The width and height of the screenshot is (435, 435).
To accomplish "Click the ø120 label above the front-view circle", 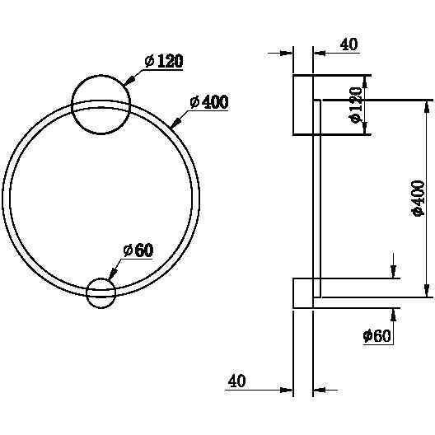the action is (164, 61).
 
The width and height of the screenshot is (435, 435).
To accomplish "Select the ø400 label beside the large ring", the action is (209, 102).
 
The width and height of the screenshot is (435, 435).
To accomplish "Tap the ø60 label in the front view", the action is (138, 250).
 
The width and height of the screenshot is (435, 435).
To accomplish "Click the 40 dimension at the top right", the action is (349, 44).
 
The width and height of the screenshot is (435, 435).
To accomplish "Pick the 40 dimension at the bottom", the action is (237, 381).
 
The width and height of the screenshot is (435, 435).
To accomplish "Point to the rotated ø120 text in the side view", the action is (355, 105).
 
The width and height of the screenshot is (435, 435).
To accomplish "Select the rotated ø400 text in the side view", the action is (418, 198).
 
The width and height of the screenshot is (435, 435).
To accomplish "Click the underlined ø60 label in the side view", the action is (377, 336).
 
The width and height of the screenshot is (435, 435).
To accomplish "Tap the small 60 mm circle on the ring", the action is (101, 293).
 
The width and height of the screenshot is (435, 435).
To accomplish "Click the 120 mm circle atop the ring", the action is (101, 105).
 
